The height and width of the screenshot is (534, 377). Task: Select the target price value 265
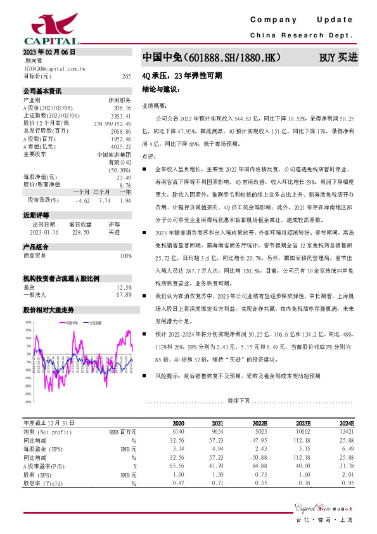coord(126,76)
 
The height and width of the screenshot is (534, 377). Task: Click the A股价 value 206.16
coord(122,108)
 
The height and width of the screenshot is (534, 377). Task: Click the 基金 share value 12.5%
coord(124,287)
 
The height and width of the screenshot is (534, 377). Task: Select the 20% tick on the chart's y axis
coord(28,322)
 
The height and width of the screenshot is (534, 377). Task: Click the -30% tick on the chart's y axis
coord(28,401)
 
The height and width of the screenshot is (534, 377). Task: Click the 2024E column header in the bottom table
coord(346,423)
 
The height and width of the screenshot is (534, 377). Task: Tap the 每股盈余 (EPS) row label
coord(44,447)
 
